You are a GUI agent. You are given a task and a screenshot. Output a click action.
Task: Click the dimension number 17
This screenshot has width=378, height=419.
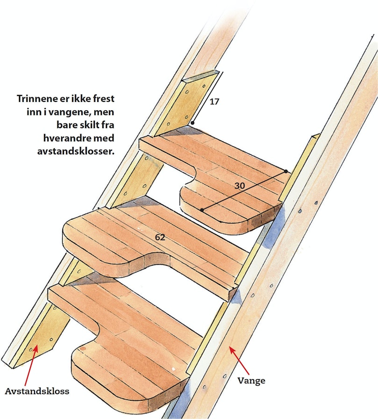tap(214, 101)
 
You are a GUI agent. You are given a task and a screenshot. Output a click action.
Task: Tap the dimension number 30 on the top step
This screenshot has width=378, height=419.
tap(239, 186)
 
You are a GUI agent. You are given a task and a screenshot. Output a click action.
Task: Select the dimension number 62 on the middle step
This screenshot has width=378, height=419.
tap(160, 237)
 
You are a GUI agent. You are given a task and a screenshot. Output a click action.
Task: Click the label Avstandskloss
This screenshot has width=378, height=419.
tap(37, 391)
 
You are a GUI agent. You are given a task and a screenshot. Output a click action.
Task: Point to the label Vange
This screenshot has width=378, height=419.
tap(251, 381)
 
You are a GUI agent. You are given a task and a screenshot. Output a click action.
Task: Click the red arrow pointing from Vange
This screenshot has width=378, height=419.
tap(239, 360)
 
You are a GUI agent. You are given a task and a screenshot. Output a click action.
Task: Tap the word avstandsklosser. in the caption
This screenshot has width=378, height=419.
tap(76, 152)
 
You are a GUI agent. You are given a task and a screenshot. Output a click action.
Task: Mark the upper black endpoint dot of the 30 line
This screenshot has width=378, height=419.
tap(285, 171)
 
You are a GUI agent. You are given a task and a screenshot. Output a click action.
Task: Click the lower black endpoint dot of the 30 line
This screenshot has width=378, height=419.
tap(202, 210)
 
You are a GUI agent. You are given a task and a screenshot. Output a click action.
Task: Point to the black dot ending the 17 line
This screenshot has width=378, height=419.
tap(193, 123)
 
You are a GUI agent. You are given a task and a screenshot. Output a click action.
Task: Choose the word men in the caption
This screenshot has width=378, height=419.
tap(106, 112)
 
